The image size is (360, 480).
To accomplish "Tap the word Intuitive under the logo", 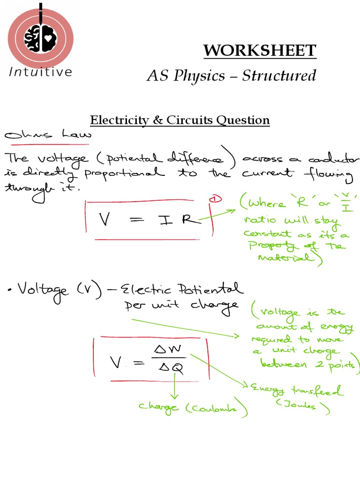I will [40, 72].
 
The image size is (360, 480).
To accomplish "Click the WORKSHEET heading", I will [260, 50].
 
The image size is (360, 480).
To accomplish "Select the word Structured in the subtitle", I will [279, 75].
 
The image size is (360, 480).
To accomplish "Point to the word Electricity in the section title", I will [119, 120].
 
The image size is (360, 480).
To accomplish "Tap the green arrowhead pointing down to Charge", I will [175, 395].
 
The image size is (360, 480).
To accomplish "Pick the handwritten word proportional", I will [124, 173].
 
